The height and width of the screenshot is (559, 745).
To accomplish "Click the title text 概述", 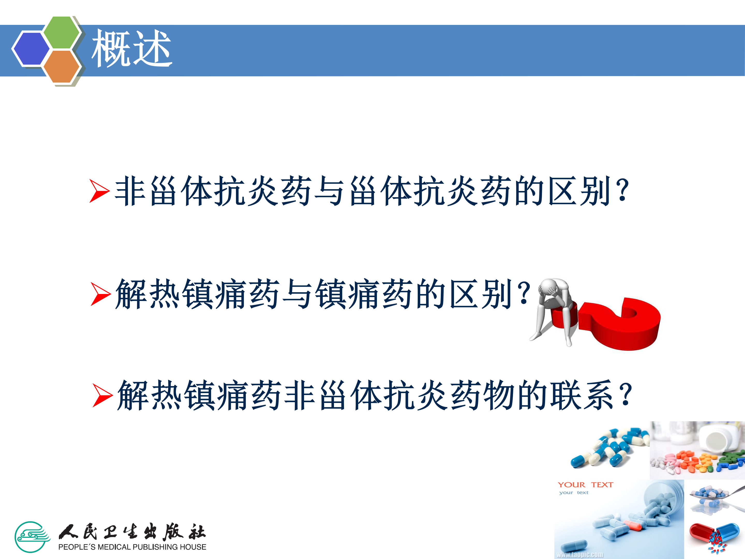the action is [132, 48].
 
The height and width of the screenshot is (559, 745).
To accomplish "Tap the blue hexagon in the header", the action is [31, 48].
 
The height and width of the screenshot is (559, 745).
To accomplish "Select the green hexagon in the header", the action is [62, 32].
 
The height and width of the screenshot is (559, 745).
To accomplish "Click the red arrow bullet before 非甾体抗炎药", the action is [100, 191].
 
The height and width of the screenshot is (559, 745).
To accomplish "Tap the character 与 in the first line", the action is [329, 191].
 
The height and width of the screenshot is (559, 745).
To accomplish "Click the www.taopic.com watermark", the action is [580, 555].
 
